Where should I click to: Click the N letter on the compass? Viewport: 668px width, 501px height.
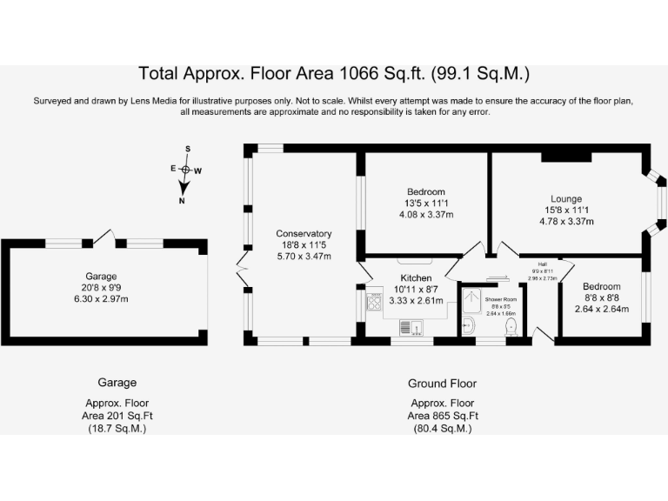pyautogui.click(x=183, y=201)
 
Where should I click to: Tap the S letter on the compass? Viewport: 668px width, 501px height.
pyautogui.click(x=186, y=150)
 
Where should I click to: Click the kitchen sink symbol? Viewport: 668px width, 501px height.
pyautogui.click(x=411, y=327)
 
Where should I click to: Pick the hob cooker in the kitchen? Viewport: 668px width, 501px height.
pyautogui.click(x=376, y=304)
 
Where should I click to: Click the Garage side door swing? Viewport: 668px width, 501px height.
pyautogui.click(x=105, y=236)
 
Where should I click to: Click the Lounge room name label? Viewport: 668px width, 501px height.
pyautogui.click(x=566, y=199)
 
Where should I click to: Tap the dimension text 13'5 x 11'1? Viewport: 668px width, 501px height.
pyautogui.click(x=425, y=203)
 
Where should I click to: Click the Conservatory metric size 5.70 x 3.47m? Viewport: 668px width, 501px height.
pyautogui.click(x=304, y=257)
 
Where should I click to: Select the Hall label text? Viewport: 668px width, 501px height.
pyautogui.click(x=542, y=264)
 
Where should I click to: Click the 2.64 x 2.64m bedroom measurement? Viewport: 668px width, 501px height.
pyautogui.click(x=601, y=309)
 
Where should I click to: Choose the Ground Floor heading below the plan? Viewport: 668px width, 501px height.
pyautogui.click(x=442, y=383)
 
